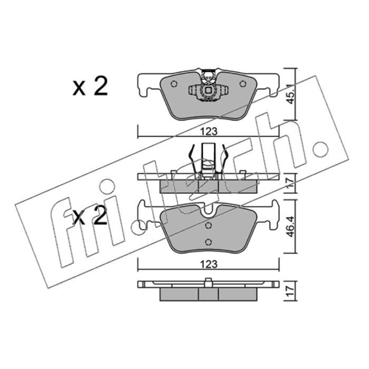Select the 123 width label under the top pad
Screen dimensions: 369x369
click(209, 131)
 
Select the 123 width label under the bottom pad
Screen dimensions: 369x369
click(209, 264)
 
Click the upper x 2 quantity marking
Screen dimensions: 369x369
click(90, 86)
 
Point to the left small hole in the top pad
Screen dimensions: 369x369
click(174, 84)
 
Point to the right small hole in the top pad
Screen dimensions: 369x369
click(243, 83)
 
